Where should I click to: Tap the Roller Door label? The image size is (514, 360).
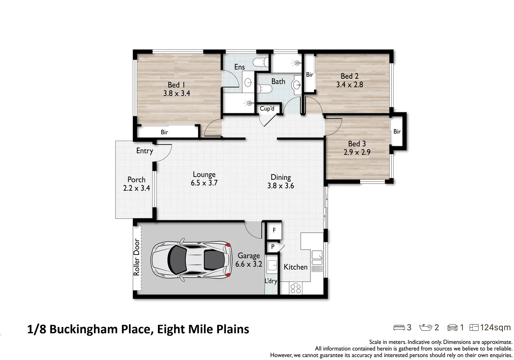pyautogui.click(x=136, y=257)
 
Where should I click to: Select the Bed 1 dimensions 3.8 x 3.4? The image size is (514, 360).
pyautogui.click(x=177, y=94)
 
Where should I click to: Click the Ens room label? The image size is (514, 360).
pyautogui.click(x=239, y=67)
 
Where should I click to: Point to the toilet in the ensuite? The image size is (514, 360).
pyautogui.click(x=260, y=62)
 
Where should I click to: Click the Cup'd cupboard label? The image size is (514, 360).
pyautogui.click(x=267, y=109)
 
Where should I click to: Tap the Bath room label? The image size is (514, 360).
pyautogui.click(x=278, y=82)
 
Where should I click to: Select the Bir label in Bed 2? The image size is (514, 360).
pyautogui.click(x=309, y=75)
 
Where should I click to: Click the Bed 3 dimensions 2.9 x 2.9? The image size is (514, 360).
pyautogui.click(x=357, y=152)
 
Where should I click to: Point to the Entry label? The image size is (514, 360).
pyautogui.click(x=145, y=151)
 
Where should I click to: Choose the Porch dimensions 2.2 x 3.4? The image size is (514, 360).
pyautogui.click(x=137, y=188)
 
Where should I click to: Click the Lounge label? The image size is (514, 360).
pyautogui.click(x=204, y=174)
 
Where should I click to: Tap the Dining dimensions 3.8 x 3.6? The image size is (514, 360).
pyautogui.click(x=280, y=186)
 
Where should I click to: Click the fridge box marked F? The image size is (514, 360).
pyautogui.click(x=274, y=230)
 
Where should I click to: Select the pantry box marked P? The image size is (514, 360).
pyautogui.click(x=273, y=247)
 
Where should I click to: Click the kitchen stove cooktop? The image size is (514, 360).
pyautogui.click(x=295, y=288)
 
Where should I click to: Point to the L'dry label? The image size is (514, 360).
pyautogui.click(x=271, y=281)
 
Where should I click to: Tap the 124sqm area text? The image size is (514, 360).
pyautogui.click(x=495, y=328)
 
